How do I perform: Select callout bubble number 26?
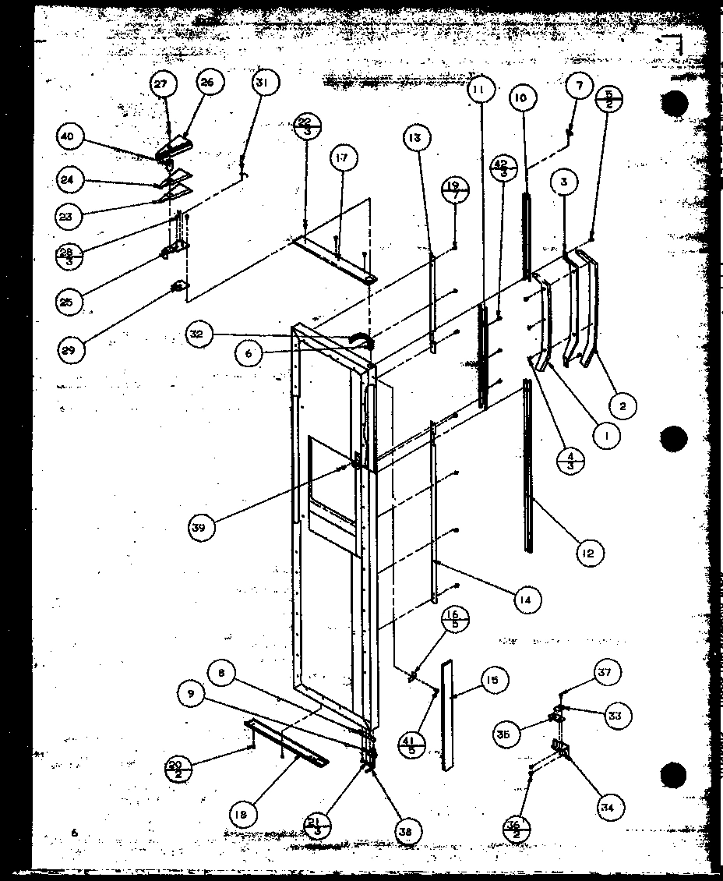[x=210, y=83]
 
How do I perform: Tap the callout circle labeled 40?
[x=69, y=137]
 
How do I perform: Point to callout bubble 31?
[x=266, y=83]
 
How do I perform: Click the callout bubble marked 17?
[x=343, y=159]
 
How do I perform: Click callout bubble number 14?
[x=527, y=600]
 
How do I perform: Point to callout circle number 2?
[x=623, y=405]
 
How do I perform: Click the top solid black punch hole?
[x=673, y=104]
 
